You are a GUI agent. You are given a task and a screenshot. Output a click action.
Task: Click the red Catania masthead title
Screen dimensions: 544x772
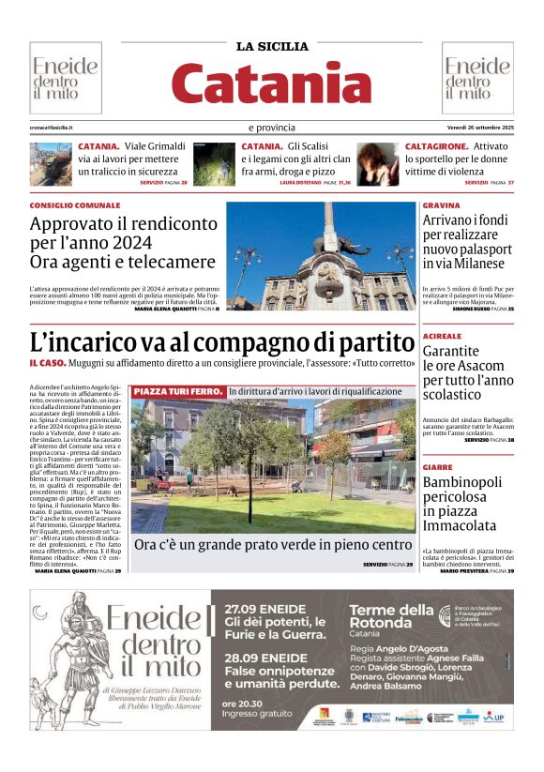(272, 83)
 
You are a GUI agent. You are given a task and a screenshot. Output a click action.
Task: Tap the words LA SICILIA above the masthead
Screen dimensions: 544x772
(272, 46)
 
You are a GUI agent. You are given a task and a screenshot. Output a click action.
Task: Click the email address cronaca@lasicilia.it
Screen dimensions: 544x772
(52, 128)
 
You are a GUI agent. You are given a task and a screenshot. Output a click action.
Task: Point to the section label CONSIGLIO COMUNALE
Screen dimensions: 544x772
(75, 205)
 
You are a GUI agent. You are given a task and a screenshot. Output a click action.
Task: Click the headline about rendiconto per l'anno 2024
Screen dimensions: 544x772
(123, 243)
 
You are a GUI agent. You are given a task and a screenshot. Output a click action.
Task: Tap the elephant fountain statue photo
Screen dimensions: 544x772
(320, 255)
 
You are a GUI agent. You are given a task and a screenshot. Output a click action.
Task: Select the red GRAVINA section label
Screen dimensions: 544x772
(441, 205)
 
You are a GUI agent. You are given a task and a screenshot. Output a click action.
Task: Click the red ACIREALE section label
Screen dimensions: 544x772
(442, 336)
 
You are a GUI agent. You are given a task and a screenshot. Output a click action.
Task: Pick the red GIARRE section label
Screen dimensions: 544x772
(437, 467)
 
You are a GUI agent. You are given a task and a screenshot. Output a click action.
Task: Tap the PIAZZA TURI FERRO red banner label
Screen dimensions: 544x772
(178, 390)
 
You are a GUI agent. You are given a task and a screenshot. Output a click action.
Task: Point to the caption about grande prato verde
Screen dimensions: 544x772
(273, 545)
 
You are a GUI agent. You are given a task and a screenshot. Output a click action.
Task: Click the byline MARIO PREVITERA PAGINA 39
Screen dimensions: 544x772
(476, 570)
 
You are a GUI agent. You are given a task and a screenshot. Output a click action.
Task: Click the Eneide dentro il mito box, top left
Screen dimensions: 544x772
(65, 79)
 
